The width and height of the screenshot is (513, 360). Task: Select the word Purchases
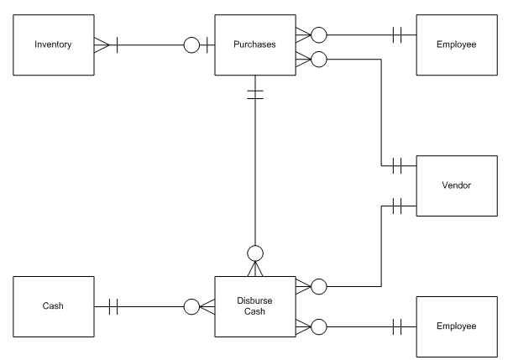tap(255, 43)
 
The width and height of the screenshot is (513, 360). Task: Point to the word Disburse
tap(255, 301)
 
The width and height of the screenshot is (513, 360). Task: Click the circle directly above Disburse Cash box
tap(255, 252)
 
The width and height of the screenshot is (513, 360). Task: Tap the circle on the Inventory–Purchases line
tap(191, 44)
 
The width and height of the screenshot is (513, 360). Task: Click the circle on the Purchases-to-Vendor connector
tap(318, 60)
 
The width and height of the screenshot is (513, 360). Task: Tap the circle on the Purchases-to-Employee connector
tap(318, 35)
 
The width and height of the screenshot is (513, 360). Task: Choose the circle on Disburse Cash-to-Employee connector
tap(318, 326)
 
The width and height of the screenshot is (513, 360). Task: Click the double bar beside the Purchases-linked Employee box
tap(395, 35)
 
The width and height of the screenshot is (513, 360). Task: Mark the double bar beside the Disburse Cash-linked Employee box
tap(395, 326)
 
